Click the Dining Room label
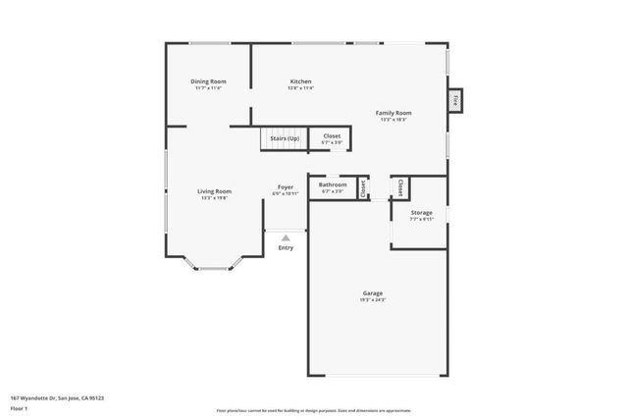208,81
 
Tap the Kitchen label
300,81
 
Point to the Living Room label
214,190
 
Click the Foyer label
286,186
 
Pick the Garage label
373,292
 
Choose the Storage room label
422,212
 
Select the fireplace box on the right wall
455,100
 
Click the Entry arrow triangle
286,237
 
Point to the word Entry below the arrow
286,247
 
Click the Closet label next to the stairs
332,135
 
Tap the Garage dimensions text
373,299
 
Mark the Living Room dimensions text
214,197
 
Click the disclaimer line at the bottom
314,410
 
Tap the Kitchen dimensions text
300,88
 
